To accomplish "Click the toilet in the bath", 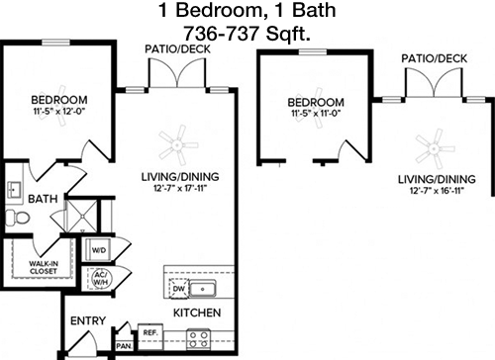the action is (x=17, y=217).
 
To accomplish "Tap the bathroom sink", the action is (x=14, y=189).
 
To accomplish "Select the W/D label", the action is (x=99, y=250).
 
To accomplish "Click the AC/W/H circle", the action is (x=99, y=279).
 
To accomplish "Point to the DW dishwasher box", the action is (x=179, y=289).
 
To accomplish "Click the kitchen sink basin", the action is (x=203, y=289).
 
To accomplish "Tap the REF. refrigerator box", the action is (x=150, y=336).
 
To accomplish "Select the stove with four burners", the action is (x=199, y=339).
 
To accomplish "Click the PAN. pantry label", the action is (x=124, y=346).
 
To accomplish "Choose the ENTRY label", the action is (x=88, y=320).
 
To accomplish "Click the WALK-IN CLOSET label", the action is (x=44, y=267).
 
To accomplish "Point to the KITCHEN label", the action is (x=197, y=313).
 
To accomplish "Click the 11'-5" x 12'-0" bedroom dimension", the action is (x=59, y=112).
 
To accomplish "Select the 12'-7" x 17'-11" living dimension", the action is (x=180, y=189).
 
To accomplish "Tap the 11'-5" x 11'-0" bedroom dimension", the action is (x=316, y=114).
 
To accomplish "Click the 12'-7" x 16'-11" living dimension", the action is (x=437, y=191).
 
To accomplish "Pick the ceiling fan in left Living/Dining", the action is (x=178, y=145).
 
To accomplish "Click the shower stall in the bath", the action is (x=82, y=216).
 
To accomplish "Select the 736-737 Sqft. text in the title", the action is (x=247, y=33).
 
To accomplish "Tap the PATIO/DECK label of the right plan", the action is (x=435, y=58).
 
